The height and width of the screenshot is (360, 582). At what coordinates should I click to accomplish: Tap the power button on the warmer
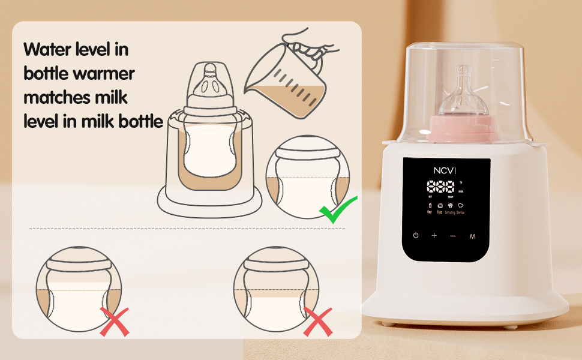coord(415,236)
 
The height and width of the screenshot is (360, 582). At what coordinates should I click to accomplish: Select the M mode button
coord(472,236)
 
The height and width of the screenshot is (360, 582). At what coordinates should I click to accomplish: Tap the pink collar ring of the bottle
coord(464,129)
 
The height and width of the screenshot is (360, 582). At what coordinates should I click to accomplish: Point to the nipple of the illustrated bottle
coord(209,78)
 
